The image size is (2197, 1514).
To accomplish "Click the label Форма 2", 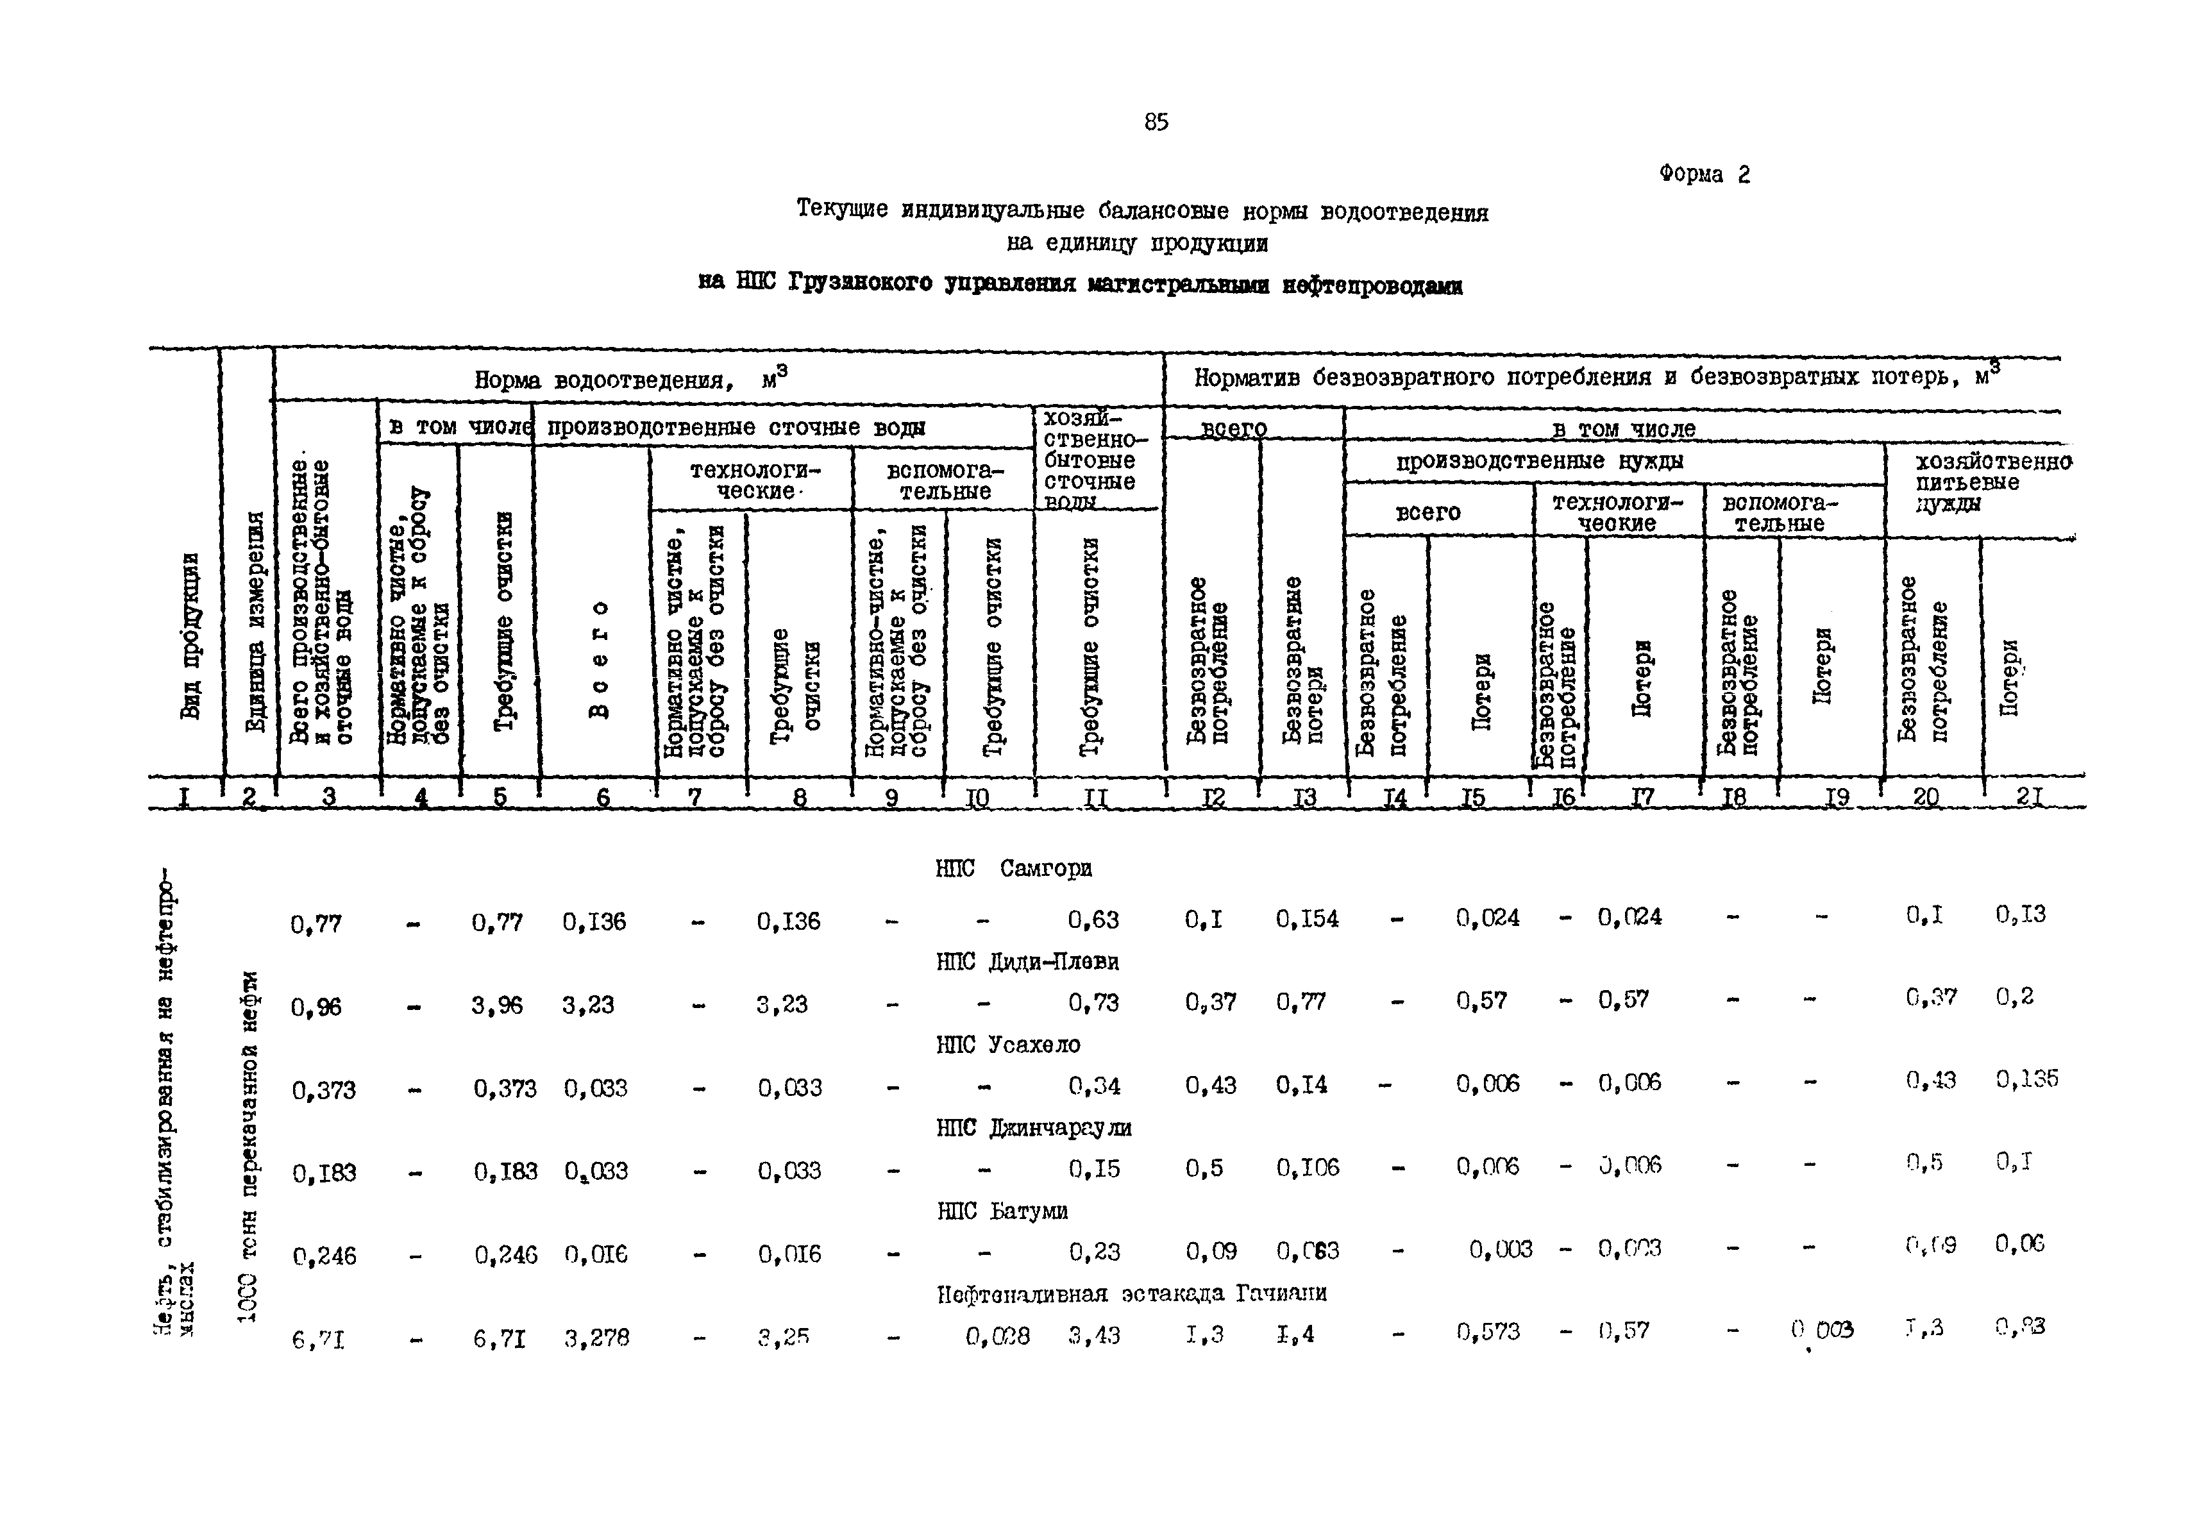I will pyautogui.click(x=1704, y=174).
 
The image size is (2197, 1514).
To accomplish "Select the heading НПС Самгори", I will pyautogui.click(x=1013, y=868).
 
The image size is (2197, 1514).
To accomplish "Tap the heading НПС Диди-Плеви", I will pyautogui.click(x=1027, y=962).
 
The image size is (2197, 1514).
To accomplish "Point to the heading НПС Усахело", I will pyautogui.click(x=1007, y=1045).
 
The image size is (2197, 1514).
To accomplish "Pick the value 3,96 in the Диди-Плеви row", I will pyautogui.click(x=496, y=1005).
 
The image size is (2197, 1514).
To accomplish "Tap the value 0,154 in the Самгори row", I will pyautogui.click(x=1306, y=918).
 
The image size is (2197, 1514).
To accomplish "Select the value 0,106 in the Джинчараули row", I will pyautogui.click(x=1307, y=1168).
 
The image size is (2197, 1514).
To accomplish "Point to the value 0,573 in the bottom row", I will pyautogui.click(x=1488, y=1332).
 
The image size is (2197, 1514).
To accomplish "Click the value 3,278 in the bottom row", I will pyautogui.click(x=596, y=1338).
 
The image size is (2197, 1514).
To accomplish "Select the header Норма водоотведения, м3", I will pyautogui.click(x=631, y=380).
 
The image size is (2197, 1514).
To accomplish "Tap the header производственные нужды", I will pyautogui.click(x=1538, y=462).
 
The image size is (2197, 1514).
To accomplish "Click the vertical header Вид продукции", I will pyautogui.click(x=190, y=635).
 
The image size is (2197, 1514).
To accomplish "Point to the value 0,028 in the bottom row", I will pyautogui.click(x=997, y=1336).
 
